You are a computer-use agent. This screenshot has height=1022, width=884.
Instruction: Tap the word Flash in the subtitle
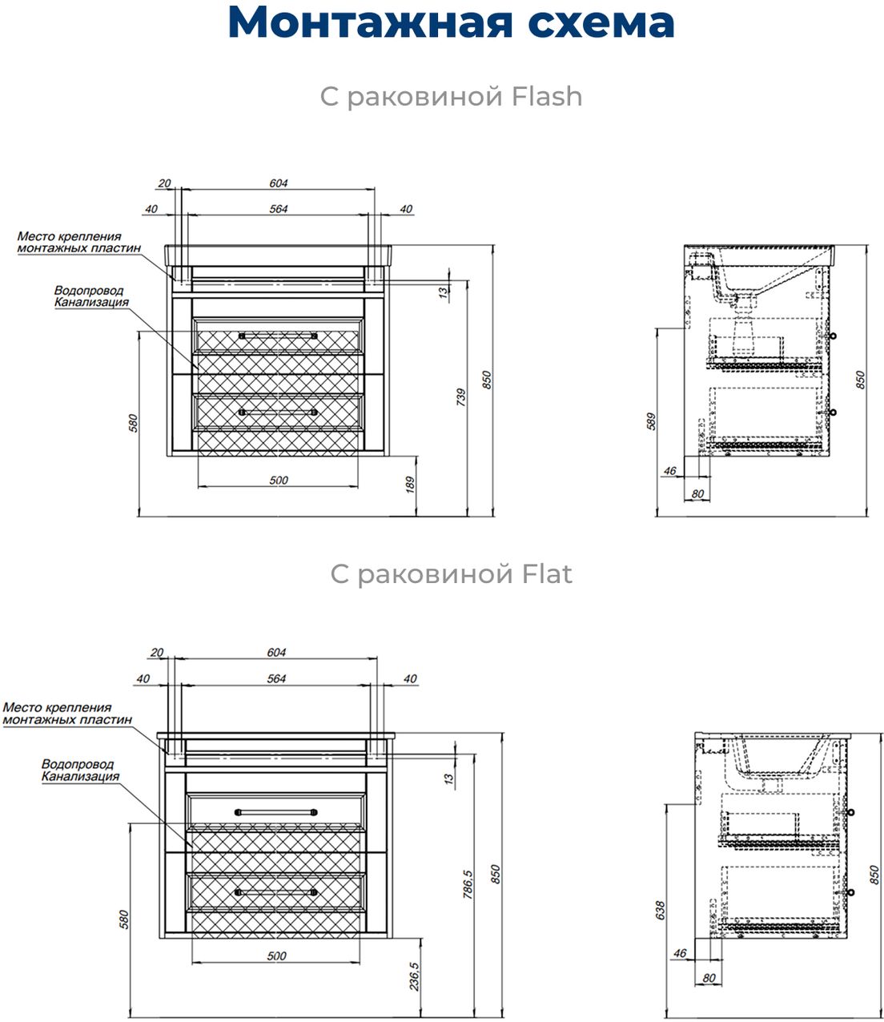pyautogui.click(x=547, y=97)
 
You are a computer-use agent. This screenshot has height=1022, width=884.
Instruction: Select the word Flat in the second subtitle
pyautogui.click(x=547, y=574)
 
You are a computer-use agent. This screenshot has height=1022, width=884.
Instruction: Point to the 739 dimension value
pyautogui.click(x=460, y=398)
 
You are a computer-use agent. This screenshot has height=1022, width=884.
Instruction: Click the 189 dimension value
pyautogui.click(x=411, y=485)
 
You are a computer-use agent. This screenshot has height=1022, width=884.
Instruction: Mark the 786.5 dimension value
pyautogui.click(x=468, y=885)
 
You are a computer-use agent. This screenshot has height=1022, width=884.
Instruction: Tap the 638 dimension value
pyautogui.click(x=660, y=910)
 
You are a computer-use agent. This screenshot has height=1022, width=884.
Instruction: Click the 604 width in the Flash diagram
pyautogui.click(x=278, y=183)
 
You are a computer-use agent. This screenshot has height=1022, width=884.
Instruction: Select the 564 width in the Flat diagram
pyautogui.click(x=275, y=678)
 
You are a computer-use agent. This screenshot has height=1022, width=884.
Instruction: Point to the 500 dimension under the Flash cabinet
pyautogui.click(x=278, y=481)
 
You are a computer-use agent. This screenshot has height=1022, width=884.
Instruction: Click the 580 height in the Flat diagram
pyautogui.click(x=123, y=919)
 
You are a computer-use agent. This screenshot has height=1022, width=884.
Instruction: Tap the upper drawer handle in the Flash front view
pyautogui.click(x=279, y=336)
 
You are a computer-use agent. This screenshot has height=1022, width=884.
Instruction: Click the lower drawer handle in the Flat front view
pyautogui.click(x=275, y=891)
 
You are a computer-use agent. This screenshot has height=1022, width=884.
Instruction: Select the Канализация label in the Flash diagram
pyautogui.click(x=90, y=303)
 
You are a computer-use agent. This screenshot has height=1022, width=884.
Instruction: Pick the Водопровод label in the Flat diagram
pyautogui.click(x=78, y=764)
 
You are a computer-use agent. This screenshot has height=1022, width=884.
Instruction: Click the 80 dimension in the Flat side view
pyautogui.click(x=708, y=978)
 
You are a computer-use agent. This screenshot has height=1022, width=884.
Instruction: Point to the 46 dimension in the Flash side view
pyautogui.click(x=670, y=471)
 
